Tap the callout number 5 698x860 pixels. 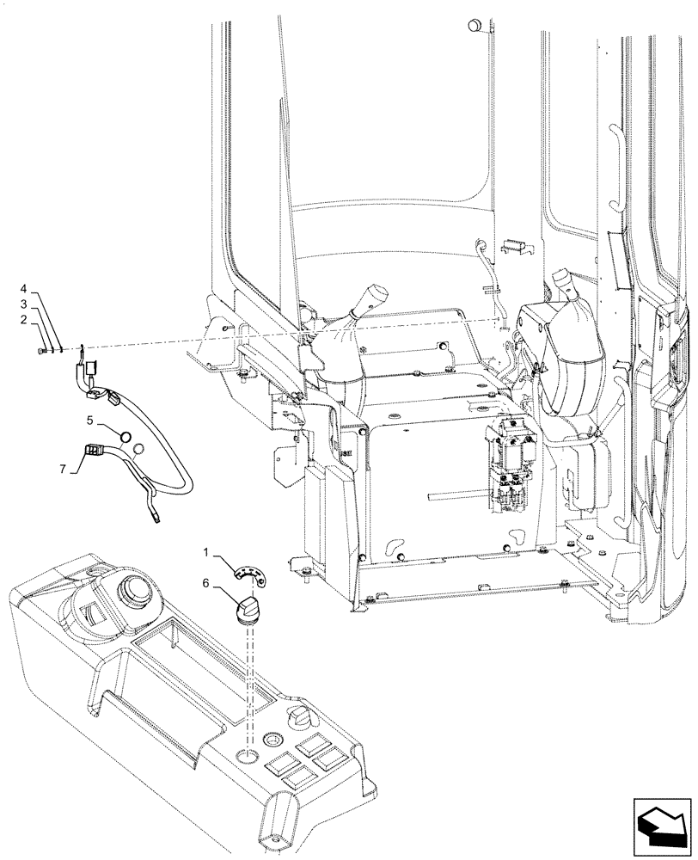tap(89, 421)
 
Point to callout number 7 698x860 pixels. tap(61, 470)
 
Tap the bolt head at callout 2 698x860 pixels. tap(44, 350)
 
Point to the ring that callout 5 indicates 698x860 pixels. tap(126, 436)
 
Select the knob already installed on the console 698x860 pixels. tap(302, 714)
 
